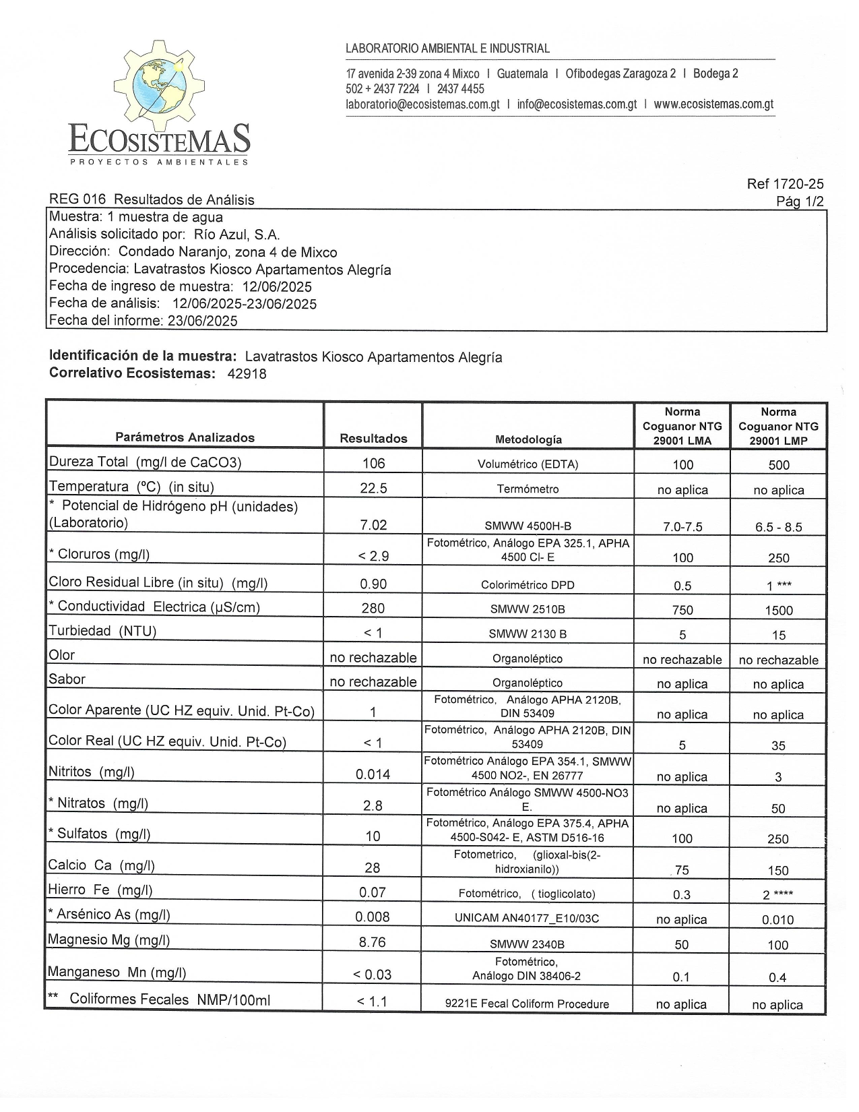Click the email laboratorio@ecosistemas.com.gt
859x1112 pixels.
click(x=422, y=104)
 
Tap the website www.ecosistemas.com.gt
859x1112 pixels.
click(x=713, y=104)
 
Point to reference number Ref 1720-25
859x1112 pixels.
click(x=785, y=184)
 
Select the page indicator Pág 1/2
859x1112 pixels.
click(x=800, y=202)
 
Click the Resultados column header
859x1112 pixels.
click(x=373, y=439)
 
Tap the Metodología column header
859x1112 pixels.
click(x=528, y=439)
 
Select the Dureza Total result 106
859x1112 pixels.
click(x=373, y=464)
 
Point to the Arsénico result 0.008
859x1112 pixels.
click(x=373, y=917)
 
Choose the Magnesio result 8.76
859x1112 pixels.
click(x=373, y=942)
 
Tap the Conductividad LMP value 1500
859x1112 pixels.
click(x=778, y=611)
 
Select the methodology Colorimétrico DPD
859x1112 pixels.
click(x=528, y=585)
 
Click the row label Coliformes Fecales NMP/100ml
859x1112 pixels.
click(x=169, y=999)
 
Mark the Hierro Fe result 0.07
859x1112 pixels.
click(x=373, y=892)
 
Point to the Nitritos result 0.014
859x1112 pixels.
click(x=373, y=774)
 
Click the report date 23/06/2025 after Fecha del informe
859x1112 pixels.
click(x=202, y=321)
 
